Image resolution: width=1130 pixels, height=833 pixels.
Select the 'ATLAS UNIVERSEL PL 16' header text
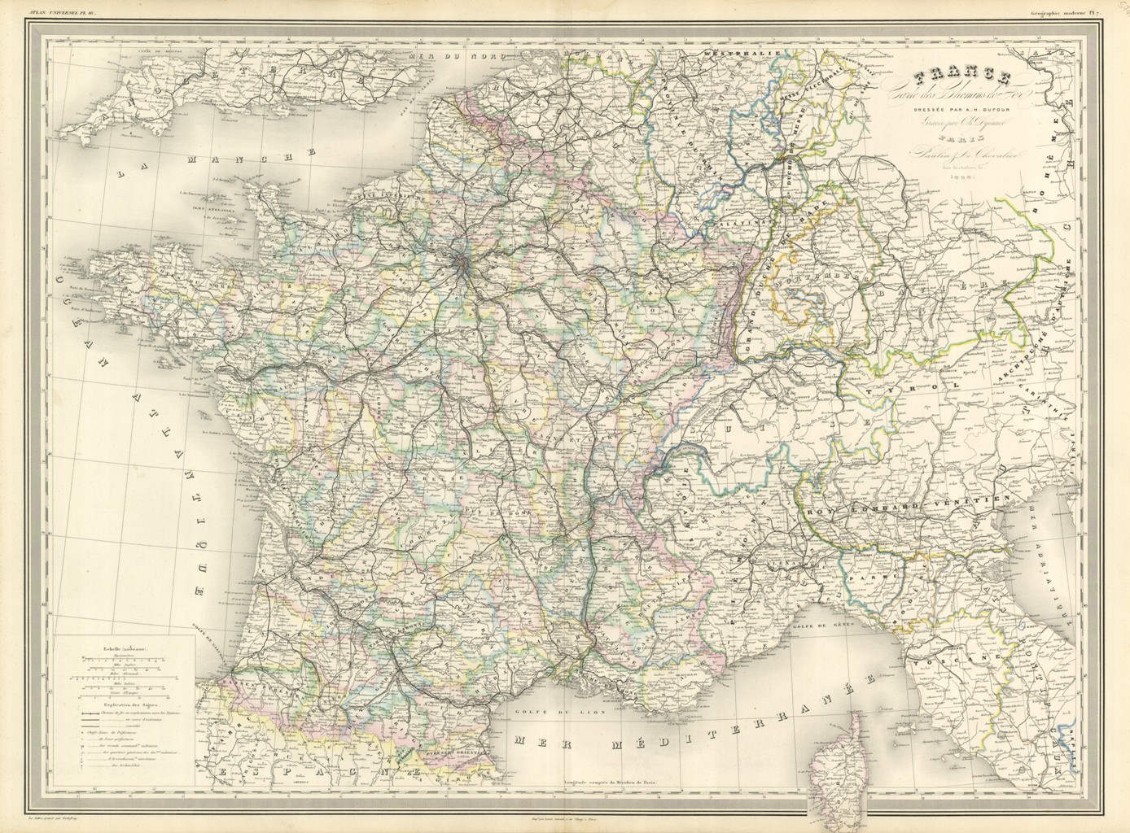(x=62, y=11)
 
